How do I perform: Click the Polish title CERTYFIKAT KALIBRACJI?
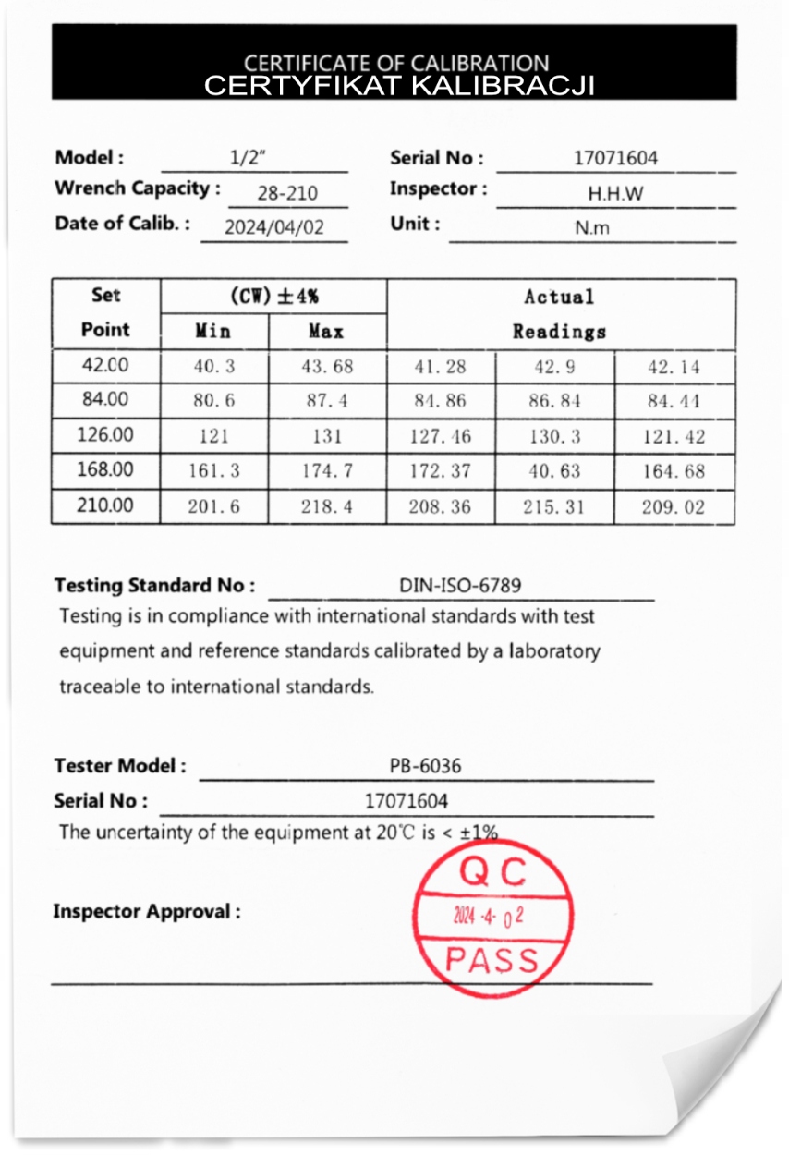tap(398, 86)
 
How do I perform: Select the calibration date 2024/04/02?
tap(274, 227)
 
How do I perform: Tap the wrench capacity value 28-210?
tap(286, 193)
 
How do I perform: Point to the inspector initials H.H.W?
tap(615, 194)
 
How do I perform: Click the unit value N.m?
tap(592, 228)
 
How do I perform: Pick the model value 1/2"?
tap(248, 158)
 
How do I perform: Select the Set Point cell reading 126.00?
tap(105, 435)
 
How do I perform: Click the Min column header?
tap(213, 331)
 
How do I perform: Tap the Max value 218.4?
tap(327, 507)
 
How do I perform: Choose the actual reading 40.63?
tap(554, 471)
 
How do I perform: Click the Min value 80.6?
tap(213, 401)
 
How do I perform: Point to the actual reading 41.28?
tap(440, 367)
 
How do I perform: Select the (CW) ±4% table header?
tap(273, 297)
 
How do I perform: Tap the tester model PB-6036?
tap(425, 766)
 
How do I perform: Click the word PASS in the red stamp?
tap(492, 960)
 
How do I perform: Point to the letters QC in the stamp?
tap(492, 871)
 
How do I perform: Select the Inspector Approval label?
tap(147, 912)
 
